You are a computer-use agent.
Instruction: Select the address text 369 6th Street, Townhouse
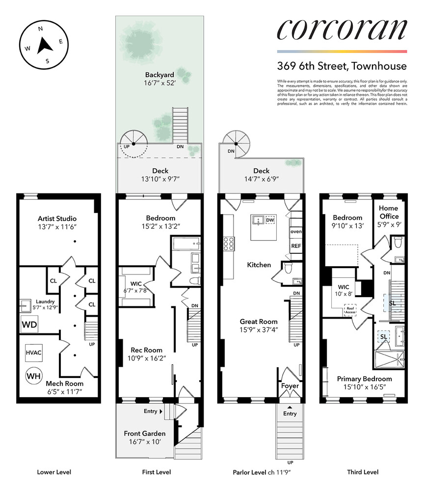pyautogui.click(x=342, y=66)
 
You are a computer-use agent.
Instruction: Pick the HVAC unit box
pyautogui.click(x=34, y=352)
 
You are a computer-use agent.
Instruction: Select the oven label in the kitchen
pyautogui.click(x=296, y=231)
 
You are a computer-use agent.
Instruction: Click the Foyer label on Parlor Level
pyautogui.click(x=290, y=386)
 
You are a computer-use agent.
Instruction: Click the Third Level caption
pyautogui.click(x=364, y=472)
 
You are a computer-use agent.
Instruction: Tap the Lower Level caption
pyautogui.click(x=54, y=472)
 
